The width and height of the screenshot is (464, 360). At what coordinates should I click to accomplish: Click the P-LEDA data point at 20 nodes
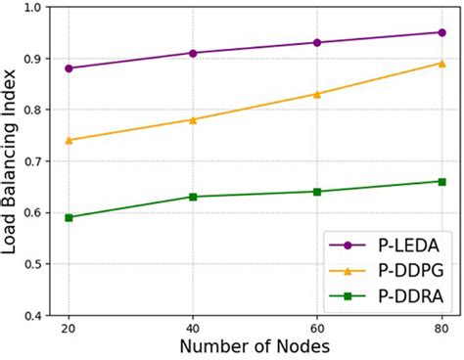pyautogui.click(x=69, y=68)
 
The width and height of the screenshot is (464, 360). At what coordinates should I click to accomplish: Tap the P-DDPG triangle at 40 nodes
pyautogui.click(x=193, y=120)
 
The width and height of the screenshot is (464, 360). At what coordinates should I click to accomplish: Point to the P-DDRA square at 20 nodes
pyautogui.click(x=69, y=217)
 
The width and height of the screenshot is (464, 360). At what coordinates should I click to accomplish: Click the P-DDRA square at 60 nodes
pyautogui.click(x=316, y=192)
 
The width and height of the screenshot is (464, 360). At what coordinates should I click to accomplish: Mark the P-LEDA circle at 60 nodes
pyautogui.click(x=316, y=43)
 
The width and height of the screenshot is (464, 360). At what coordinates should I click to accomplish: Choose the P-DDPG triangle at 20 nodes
pyautogui.click(x=69, y=140)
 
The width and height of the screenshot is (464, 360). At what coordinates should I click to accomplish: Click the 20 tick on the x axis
pyautogui.click(x=69, y=329)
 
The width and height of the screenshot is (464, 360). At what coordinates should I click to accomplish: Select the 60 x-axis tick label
pyautogui.click(x=316, y=329)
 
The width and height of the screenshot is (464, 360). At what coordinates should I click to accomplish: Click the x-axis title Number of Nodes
pyautogui.click(x=255, y=347)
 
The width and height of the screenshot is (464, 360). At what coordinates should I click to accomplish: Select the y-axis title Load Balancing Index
pyautogui.click(x=11, y=161)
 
